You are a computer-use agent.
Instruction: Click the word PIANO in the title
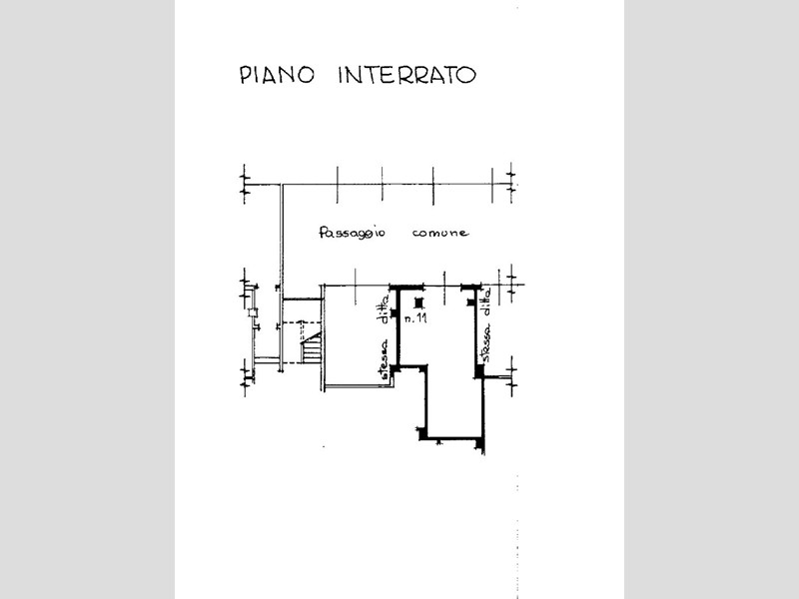pyautogui.click(x=276, y=76)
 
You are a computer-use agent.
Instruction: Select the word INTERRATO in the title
pyautogui.click(x=406, y=76)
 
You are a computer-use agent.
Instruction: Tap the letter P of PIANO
pyautogui.click(x=245, y=76)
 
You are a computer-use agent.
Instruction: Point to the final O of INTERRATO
pyautogui.click(x=466, y=76)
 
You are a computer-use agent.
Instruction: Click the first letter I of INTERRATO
pyautogui.click(x=342, y=76)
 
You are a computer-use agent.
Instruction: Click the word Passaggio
pyautogui.click(x=350, y=234)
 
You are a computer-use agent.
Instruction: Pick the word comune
pyautogui.click(x=439, y=234)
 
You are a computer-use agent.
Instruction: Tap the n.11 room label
pyautogui.click(x=418, y=318)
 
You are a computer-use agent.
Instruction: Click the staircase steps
pyautogui.click(x=313, y=350)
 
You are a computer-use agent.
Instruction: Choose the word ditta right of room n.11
pyautogui.click(x=485, y=300)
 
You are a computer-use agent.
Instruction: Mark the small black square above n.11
pyautogui.click(x=418, y=301)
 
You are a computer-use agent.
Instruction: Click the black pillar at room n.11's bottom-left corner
pyautogui.click(x=422, y=433)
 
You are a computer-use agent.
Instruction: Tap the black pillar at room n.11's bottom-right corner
pyautogui.click(x=480, y=440)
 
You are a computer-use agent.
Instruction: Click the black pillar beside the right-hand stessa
pyautogui.click(x=479, y=371)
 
